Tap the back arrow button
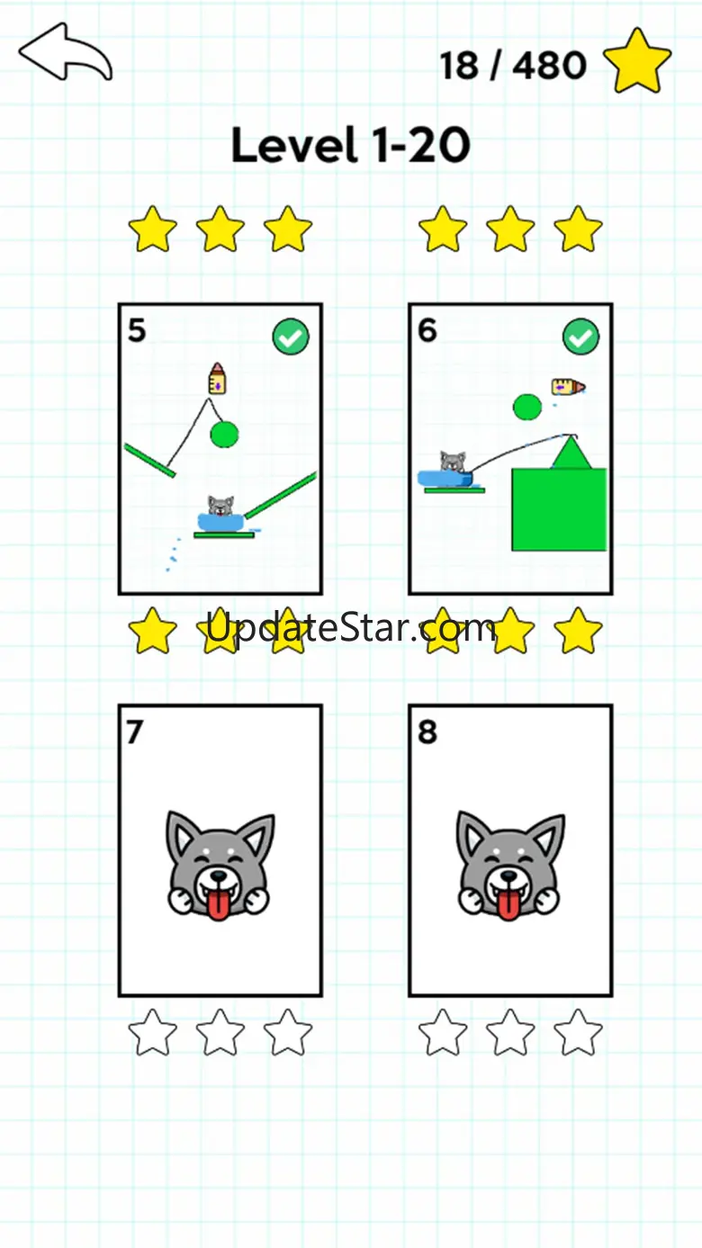pyautogui.click(x=65, y=52)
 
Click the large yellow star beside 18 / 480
pyautogui.click(x=637, y=62)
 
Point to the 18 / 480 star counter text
pyautogui.click(x=513, y=65)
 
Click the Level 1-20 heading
pyautogui.click(x=351, y=144)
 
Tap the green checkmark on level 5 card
pyautogui.click(x=291, y=337)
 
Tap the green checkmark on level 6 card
pyautogui.click(x=581, y=337)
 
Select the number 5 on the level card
pyautogui.click(x=137, y=330)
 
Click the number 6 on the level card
pyautogui.click(x=427, y=330)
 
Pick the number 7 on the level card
pyautogui.click(x=135, y=732)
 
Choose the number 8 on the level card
pyautogui.click(x=427, y=732)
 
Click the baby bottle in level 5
pyautogui.click(x=217, y=378)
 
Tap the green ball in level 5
pyautogui.click(x=224, y=435)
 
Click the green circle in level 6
pyautogui.click(x=527, y=407)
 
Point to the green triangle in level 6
pyautogui.click(x=571, y=454)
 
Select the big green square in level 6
pyautogui.click(x=559, y=510)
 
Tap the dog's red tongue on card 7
pyautogui.click(x=219, y=903)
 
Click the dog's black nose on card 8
pyautogui.click(x=508, y=876)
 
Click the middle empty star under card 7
pyautogui.click(x=220, y=1032)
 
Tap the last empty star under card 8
pyautogui.click(x=579, y=1032)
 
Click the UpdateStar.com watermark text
pyautogui.click(x=351, y=628)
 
